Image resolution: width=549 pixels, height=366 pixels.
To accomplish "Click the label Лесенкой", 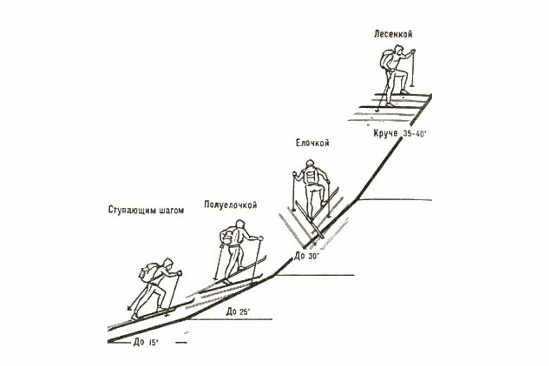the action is point(393,34).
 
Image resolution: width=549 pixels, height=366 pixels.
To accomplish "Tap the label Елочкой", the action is point(312,143).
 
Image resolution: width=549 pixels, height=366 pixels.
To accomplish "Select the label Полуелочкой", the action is point(230,205).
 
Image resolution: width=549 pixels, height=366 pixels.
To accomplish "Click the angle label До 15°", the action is point(146,342).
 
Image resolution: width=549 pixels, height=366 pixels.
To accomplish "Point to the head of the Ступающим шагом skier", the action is point(168,264).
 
